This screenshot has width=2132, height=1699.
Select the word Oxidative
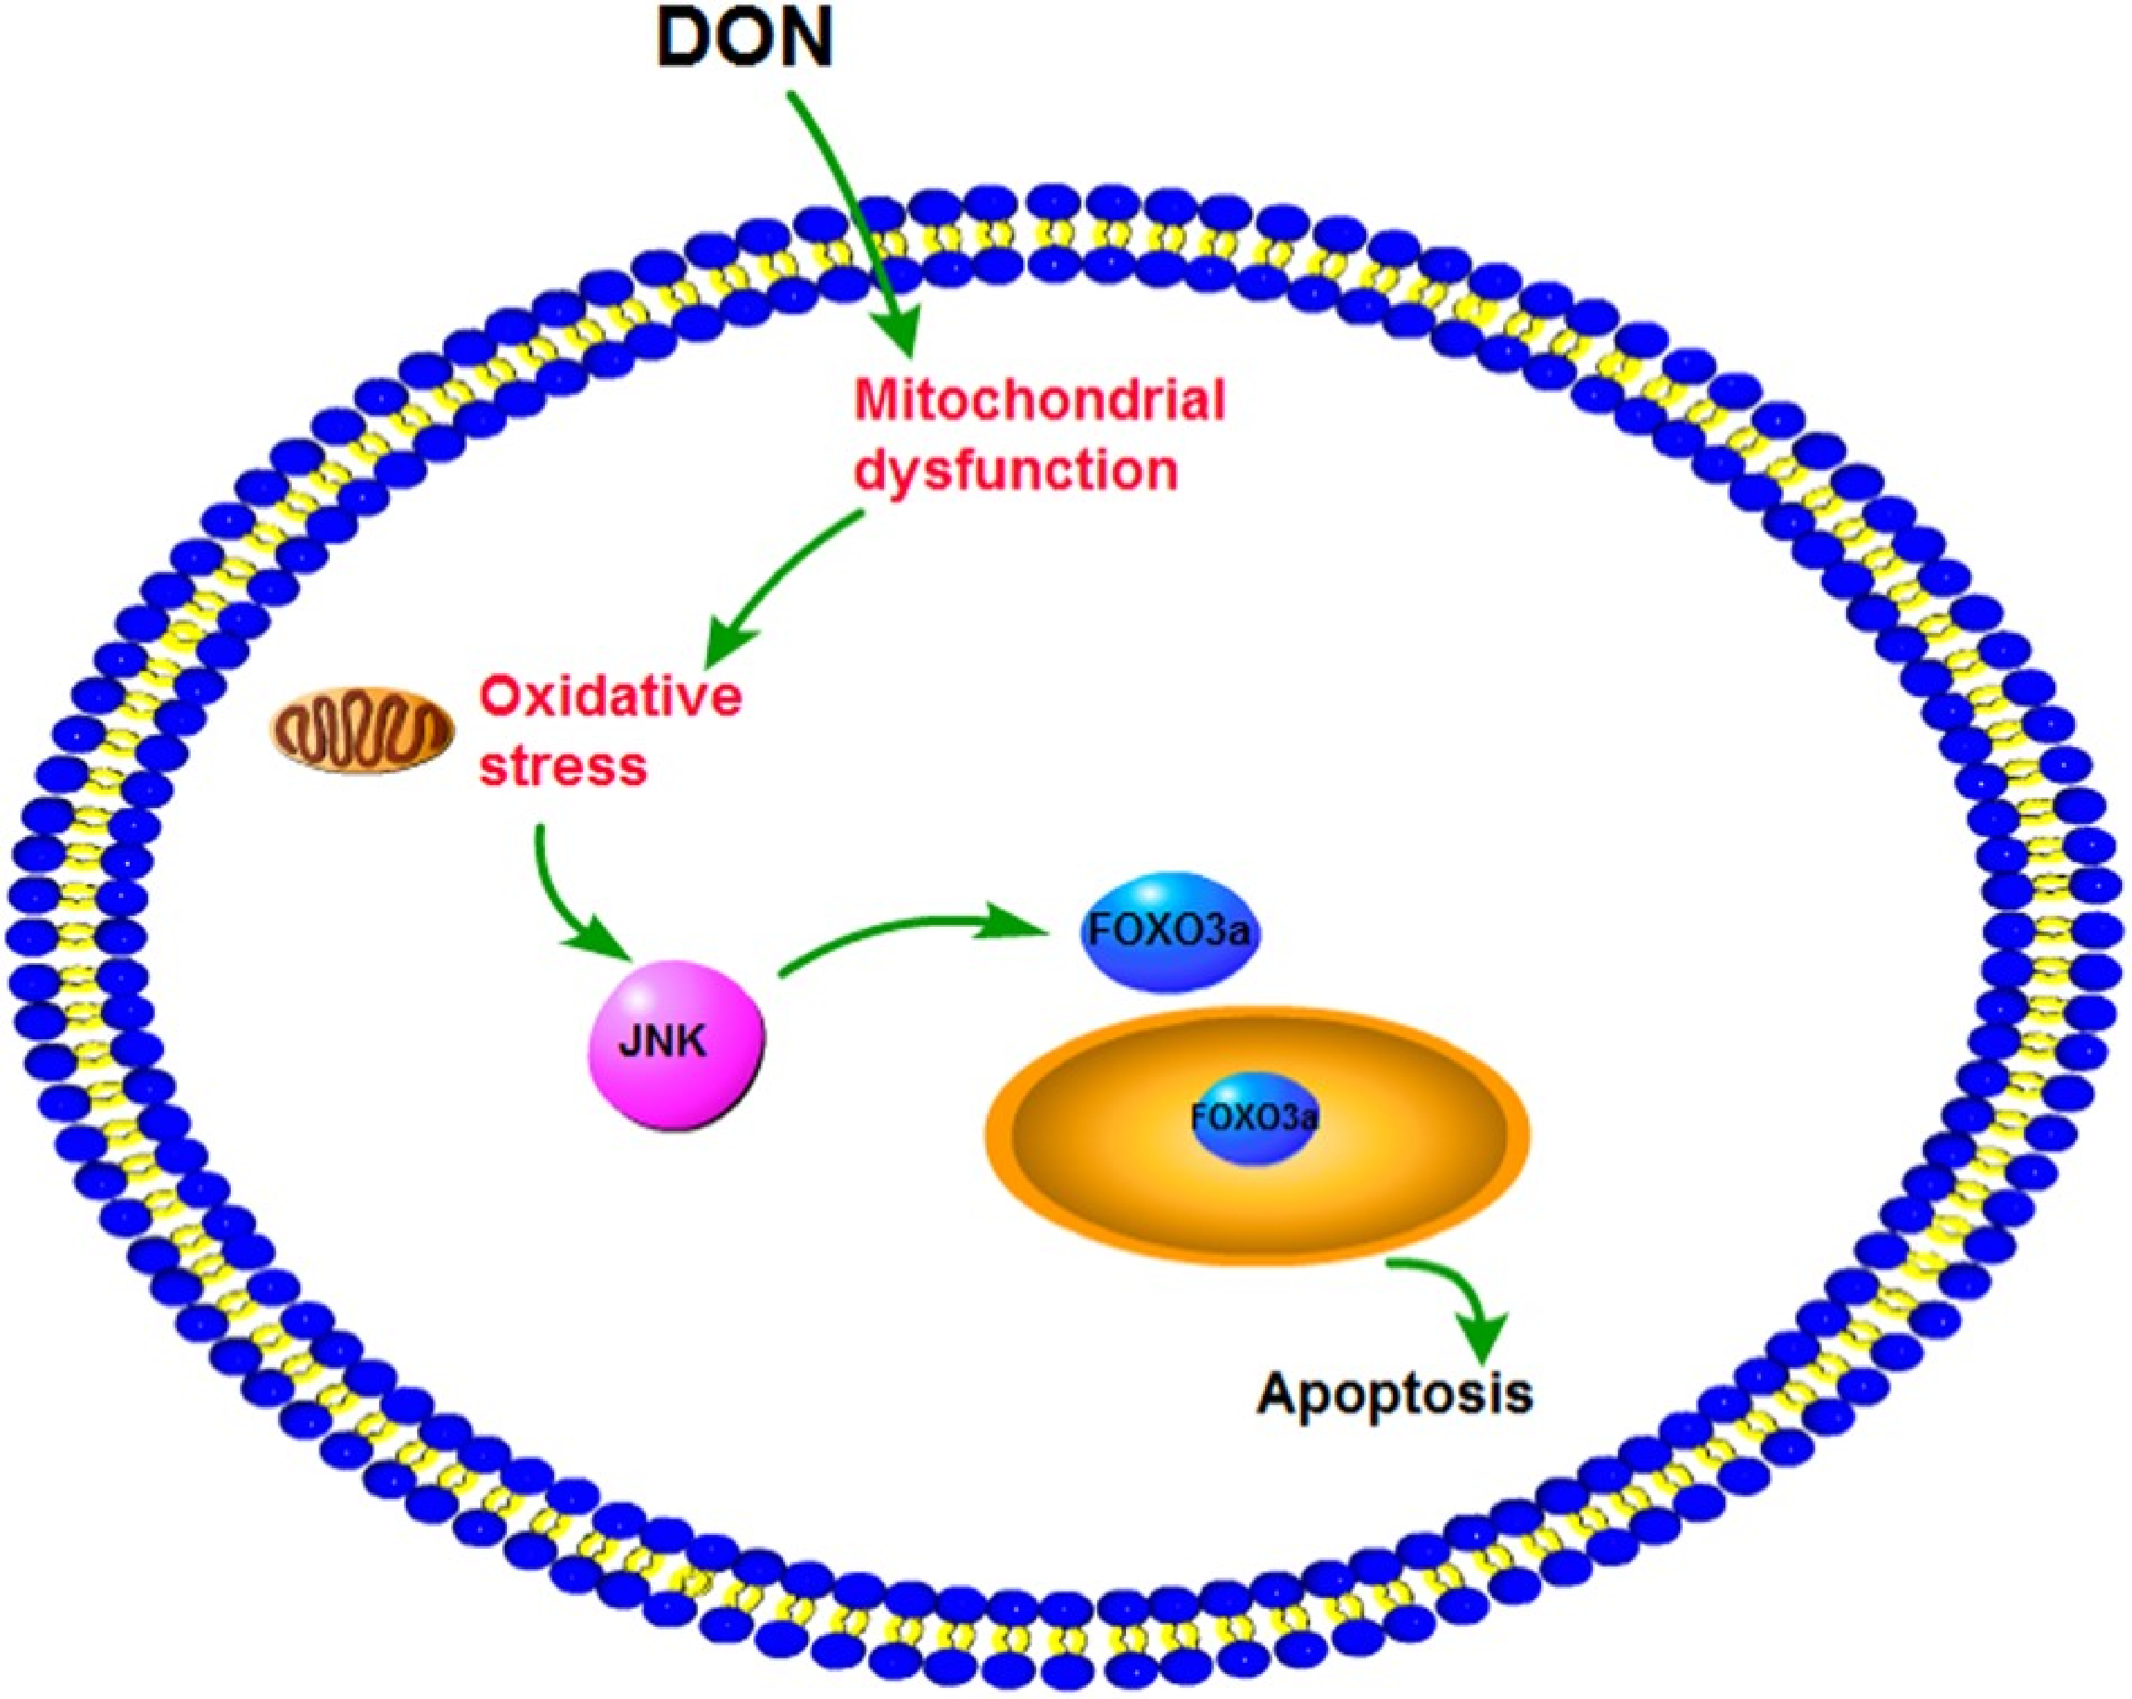[x=610, y=696]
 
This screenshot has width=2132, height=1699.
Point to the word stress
[x=563, y=766]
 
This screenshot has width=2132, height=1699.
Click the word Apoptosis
[x=1394, y=1393]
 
